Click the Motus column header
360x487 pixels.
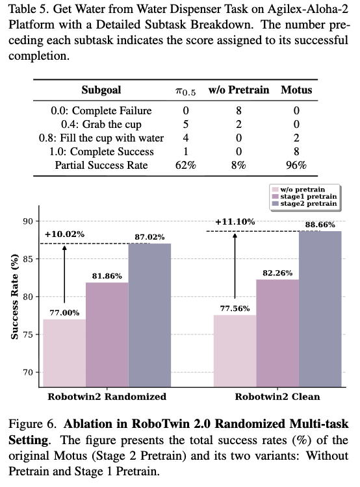pyautogui.click(x=296, y=90)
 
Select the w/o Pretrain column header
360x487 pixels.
pyautogui.click(x=238, y=90)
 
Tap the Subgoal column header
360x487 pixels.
pyautogui.click(x=101, y=90)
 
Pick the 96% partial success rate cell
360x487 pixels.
pyautogui.click(x=296, y=165)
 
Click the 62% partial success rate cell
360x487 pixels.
pyautogui.click(x=186, y=165)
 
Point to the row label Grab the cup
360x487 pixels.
pyautogui.click(x=101, y=125)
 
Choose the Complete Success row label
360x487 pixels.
pyautogui.click(x=101, y=151)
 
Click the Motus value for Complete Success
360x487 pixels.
pyautogui.click(x=296, y=151)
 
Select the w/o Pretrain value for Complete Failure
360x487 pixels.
pyautogui.click(x=238, y=110)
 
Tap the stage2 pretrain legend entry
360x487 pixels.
pyautogui.click(x=305, y=204)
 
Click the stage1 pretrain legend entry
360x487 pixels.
pyautogui.click(x=305, y=197)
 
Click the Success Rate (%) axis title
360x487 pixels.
pyautogui.click(x=14, y=297)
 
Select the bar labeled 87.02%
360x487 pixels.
pyautogui.click(x=149, y=315)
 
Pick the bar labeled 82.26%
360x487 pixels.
pyautogui.click(x=277, y=333)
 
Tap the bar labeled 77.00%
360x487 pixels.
pyautogui.click(x=64, y=353)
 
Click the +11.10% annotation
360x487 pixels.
pyautogui.click(x=235, y=222)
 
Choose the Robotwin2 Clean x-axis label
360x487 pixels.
pyautogui.click(x=277, y=397)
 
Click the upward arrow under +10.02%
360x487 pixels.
pyautogui.click(x=64, y=274)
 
